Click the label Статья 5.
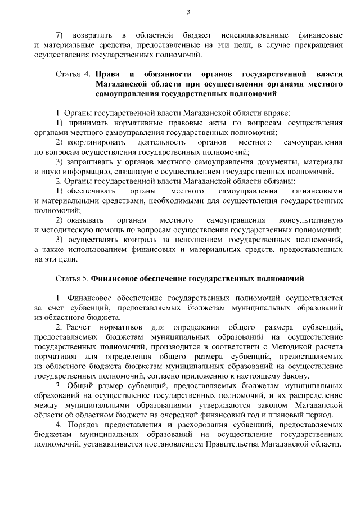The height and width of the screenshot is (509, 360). tap(73, 278)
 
